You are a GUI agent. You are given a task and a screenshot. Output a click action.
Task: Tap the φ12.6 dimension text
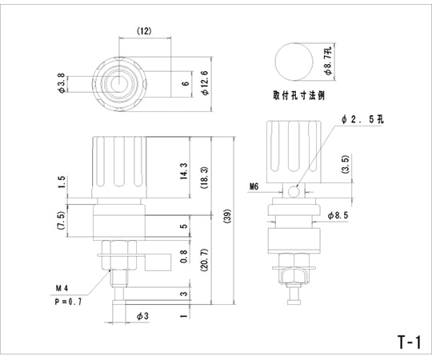point(206,82)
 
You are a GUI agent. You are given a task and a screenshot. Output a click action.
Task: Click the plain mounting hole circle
point(294,60)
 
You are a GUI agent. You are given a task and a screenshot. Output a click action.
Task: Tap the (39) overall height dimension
point(228,217)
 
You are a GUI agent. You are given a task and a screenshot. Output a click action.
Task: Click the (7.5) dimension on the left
point(61,221)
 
